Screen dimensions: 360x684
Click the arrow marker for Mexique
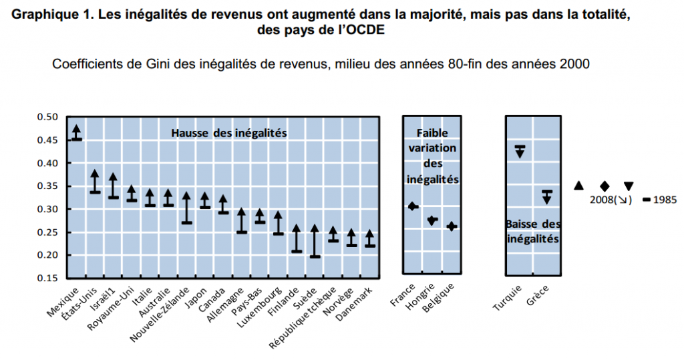pyautogui.click(x=77, y=132)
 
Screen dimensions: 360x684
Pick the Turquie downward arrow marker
pyautogui.click(x=519, y=151)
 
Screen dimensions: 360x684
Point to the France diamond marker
pyautogui.click(x=413, y=206)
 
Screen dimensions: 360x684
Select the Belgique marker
pyautogui.click(x=452, y=226)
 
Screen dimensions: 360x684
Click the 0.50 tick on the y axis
pyautogui.click(x=49, y=117)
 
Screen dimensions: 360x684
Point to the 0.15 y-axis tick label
pyautogui.click(x=49, y=278)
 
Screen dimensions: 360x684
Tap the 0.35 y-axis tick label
pyautogui.click(x=49, y=186)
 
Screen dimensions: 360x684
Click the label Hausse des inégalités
pyautogui.click(x=229, y=133)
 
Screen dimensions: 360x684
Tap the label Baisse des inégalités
pyautogui.click(x=533, y=230)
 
